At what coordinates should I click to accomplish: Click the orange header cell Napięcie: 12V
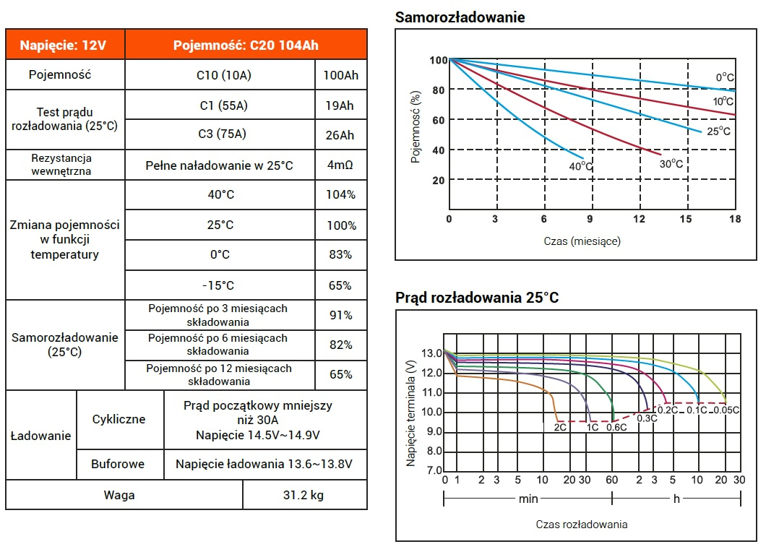pyautogui.click(x=64, y=45)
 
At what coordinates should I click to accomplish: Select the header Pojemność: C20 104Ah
pyautogui.click(x=246, y=45)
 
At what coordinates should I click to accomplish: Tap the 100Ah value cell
pyautogui.click(x=340, y=75)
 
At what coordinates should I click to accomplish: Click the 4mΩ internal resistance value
pyautogui.click(x=340, y=165)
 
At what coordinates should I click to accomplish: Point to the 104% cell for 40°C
pyautogui.click(x=340, y=195)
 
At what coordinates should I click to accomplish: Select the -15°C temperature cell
pyautogui.click(x=220, y=285)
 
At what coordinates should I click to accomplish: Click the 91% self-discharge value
pyautogui.click(x=340, y=315)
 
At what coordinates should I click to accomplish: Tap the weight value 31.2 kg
pyautogui.click(x=304, y=496)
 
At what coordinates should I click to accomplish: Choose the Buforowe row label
pyautogui.click(x=118, y=464)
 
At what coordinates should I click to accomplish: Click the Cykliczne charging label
pyautogui.click(x=119, y=419)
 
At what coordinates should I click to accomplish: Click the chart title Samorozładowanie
pyautogui.click(x=460, y=17)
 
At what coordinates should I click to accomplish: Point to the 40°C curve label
pyautogui.click(x=580, y=167)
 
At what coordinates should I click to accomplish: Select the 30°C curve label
pyautogui.click(x=671, y=164)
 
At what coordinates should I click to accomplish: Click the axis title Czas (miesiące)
pyautogui.click(x=582, y=241)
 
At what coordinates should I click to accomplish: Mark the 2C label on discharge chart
pyautogui.click(x=559, y=427)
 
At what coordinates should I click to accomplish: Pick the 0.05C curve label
pyautogui.click(x=726, y=410)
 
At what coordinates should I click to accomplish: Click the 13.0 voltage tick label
pyautogui.click(x=431, y=353)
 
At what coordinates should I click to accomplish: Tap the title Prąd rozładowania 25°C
pyautogui.click(x=477, y=298)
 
